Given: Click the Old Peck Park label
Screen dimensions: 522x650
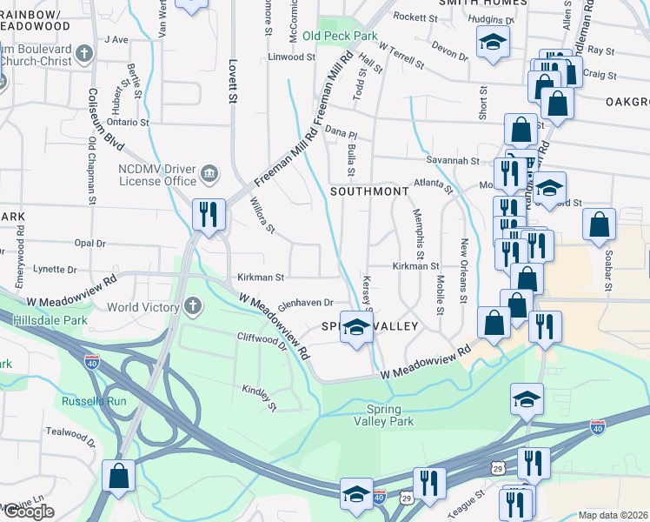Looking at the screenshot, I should pos(340,37).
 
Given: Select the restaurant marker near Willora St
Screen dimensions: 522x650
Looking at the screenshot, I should pos(209,214).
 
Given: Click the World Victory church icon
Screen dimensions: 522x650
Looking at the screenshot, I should pos(192,307).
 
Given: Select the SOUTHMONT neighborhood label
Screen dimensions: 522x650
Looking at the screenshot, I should pos(368,191).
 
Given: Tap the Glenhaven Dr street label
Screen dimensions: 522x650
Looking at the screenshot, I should pos(306,303).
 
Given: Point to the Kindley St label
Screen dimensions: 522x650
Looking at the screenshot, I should pos(258,398).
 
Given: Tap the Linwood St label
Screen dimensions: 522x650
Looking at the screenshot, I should pos(291,57).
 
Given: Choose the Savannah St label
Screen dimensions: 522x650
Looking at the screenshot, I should pos(452,161).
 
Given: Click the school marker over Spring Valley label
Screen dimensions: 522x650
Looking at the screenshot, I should pos(355,327).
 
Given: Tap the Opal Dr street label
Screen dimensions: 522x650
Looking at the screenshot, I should pos(90,244).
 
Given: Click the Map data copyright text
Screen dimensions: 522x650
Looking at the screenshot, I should pos(613,515).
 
